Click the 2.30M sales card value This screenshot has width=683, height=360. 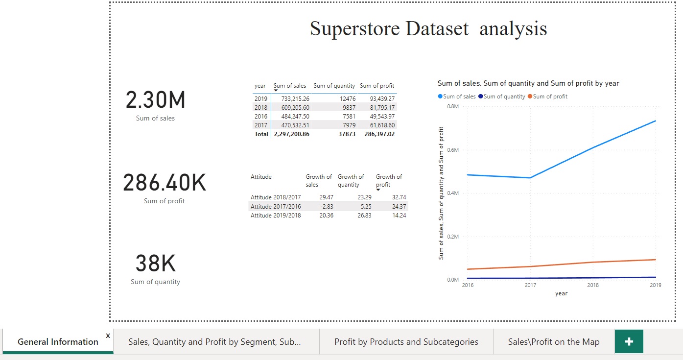click(x=156, y=100)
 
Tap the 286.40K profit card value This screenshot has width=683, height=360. click(x=165, y=183)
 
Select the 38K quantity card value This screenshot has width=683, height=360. click(x=155, y=264)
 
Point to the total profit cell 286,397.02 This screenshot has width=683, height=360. click(x=379, y=134)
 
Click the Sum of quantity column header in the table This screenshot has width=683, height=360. click(x=334, y=86)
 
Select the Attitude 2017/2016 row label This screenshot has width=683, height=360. click(x=276, y=206)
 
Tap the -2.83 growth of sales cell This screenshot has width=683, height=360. click(x=326, y=206)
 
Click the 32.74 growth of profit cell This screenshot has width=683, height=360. click(x=399, y=197)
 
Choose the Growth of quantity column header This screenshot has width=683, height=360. click(x=351, y=181)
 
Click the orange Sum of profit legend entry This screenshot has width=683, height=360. click(x=550, y=96)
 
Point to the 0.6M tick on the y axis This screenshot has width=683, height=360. click(x=453, y=150)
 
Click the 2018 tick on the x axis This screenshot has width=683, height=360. click(x=593, y=285)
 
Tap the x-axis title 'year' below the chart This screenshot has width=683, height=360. click(x=561, y=293)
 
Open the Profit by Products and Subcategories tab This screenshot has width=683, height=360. click(x=406, y=342)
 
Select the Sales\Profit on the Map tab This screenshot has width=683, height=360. click(x=553, y=342)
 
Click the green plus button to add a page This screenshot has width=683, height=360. click(x=629, y=342)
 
